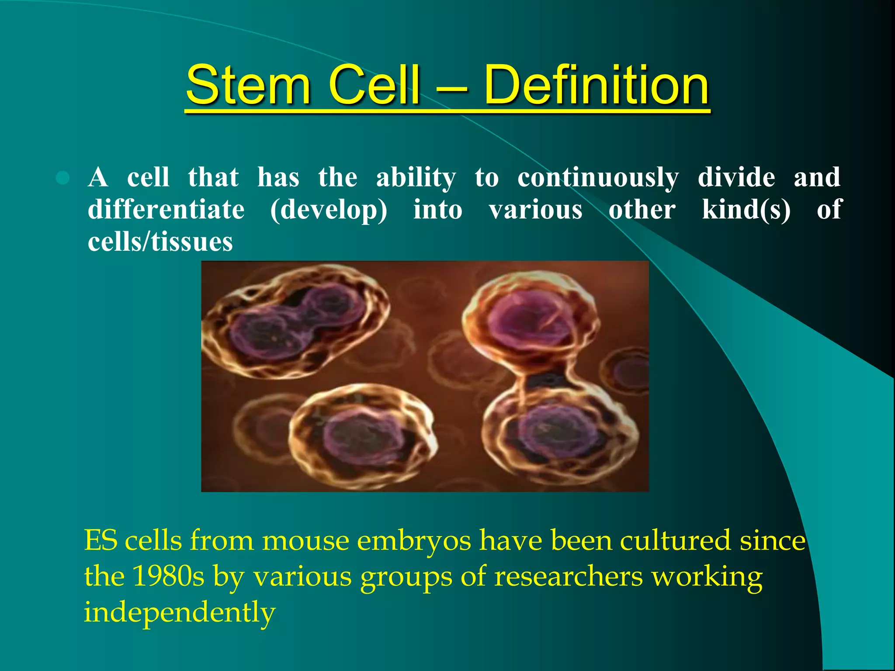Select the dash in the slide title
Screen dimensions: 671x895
click(452, 87)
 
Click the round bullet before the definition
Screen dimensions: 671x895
click(63, 178)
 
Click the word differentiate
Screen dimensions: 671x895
click(166, 210)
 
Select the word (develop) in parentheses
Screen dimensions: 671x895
click(329, 211)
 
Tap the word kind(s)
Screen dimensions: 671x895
click(746, 210)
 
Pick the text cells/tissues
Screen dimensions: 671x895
click(160, 242)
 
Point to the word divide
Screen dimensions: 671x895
click(736, 177)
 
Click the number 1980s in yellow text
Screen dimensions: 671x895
click(168, 576)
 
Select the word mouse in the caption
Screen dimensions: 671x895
click(305, 540)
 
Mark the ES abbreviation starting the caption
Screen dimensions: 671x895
click(101, 540)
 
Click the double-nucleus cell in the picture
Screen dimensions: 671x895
click(295, 321)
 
